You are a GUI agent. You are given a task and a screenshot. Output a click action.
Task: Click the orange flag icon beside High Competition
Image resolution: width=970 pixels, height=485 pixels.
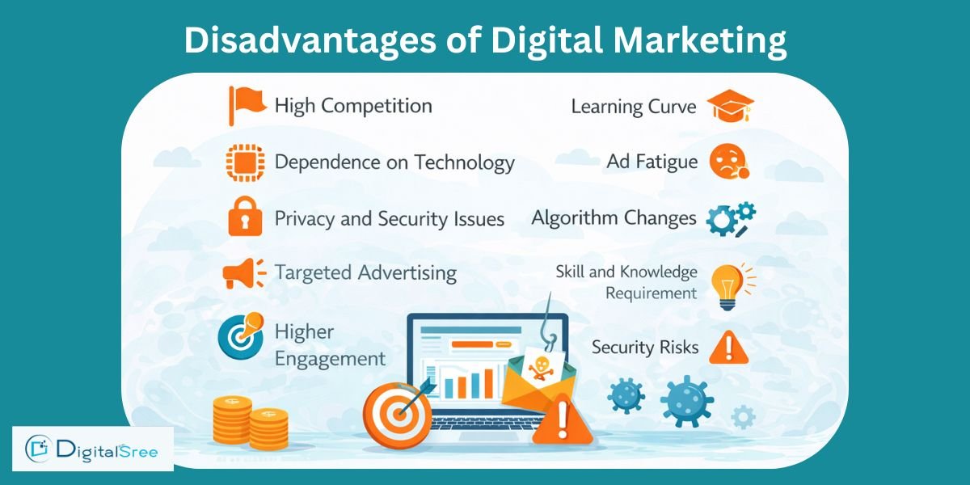click(244, 105)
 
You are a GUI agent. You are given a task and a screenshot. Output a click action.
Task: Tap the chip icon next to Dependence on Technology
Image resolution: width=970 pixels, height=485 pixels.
click(245, 162)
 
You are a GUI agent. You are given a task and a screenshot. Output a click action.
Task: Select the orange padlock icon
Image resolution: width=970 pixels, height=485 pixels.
click(245, 217)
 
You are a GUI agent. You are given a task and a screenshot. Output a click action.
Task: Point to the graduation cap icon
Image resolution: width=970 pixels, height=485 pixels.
click(730, 106)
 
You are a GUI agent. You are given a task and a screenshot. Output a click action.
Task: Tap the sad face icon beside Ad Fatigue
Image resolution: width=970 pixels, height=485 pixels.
click(728, 162)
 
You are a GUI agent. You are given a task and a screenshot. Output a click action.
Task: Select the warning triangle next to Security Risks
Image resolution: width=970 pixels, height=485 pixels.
click(728, 348)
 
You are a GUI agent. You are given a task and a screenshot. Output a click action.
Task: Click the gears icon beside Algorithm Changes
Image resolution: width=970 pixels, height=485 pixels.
click(731, 219)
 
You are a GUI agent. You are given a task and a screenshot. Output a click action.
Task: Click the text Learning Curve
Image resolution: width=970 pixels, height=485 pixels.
click(633, 107)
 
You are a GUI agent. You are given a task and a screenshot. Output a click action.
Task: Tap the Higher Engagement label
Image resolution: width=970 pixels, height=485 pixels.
click(330, 344)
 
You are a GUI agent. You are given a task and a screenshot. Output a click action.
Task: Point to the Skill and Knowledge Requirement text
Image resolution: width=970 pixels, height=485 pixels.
click(626, 282)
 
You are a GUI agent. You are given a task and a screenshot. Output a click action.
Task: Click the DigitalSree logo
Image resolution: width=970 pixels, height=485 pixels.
click(94, 448)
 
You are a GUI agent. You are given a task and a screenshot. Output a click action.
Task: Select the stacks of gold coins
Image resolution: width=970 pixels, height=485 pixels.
click(250, 422)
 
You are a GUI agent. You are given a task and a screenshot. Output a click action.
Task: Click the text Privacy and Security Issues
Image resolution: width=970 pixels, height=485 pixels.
click(390, 219)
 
